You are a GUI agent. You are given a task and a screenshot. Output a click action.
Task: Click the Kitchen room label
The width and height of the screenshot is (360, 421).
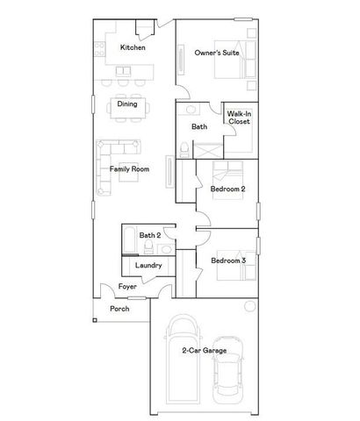132,47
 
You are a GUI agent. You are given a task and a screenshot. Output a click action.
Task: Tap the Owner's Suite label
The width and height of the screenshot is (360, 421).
216,54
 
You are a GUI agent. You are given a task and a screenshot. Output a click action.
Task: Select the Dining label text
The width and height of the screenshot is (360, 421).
126,104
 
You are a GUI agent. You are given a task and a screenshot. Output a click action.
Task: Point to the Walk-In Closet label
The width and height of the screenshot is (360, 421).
239,118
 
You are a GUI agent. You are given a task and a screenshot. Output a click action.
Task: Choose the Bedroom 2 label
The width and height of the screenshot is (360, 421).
227,189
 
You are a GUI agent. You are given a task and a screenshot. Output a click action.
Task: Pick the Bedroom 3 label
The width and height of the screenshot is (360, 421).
227,260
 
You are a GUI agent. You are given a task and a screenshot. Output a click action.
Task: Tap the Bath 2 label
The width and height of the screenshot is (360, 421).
149,235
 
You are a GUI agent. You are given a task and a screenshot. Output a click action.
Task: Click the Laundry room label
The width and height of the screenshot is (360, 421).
146,265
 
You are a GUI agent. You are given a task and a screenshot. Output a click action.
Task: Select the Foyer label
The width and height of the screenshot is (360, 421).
127,286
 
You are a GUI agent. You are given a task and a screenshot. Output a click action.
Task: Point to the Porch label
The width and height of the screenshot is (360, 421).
119,310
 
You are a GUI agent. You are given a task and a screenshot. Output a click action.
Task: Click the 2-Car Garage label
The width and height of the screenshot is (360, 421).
204,351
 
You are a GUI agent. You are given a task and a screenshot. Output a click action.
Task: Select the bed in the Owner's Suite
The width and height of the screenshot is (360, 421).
241,61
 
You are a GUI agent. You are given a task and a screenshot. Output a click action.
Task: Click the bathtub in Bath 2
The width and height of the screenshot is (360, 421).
128,238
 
